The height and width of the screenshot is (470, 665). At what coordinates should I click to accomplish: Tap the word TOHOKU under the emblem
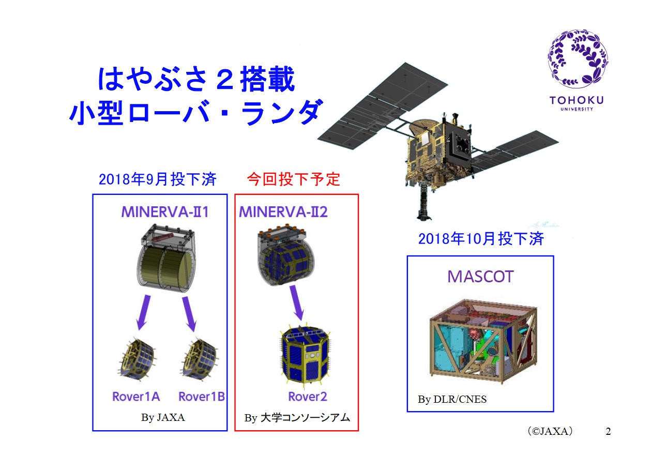(x=577, y=100)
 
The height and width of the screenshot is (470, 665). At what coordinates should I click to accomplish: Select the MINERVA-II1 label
(x=165, y=212)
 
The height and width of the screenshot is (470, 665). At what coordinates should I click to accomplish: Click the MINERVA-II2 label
(x=283, y=212)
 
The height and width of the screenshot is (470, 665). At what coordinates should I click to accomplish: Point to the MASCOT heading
(x=480, y=277)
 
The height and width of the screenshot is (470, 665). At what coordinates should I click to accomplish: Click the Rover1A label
(x=136, y=397)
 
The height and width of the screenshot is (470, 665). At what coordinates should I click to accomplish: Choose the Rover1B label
(x=202, y=397)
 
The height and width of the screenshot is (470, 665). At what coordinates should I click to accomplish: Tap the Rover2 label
(x=308, y=397)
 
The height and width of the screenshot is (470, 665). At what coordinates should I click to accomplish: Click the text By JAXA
(x=163, y=417)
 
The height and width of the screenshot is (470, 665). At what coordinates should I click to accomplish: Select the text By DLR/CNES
(x=452, y=399)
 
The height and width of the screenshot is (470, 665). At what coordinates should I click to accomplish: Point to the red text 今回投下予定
(x=293, y=179)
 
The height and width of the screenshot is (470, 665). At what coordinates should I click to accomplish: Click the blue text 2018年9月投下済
(x=158, y=179)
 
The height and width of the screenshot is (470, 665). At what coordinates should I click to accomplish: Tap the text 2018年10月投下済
(x=481, y=239)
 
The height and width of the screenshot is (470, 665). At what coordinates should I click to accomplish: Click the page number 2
(x=608, y=431)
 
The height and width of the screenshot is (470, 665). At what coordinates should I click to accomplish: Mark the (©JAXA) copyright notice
(x=550, y=431)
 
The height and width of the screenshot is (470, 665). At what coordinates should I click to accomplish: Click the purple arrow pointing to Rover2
(x=297, y=303)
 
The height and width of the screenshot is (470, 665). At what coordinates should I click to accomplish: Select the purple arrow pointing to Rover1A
(x=143, y=312)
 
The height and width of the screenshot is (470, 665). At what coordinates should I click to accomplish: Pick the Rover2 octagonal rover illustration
(x=306, y=356)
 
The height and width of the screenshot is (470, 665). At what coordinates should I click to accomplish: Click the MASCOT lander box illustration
(x=483, y=341)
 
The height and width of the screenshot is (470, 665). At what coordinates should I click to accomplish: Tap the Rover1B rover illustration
(x=200, y=360)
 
